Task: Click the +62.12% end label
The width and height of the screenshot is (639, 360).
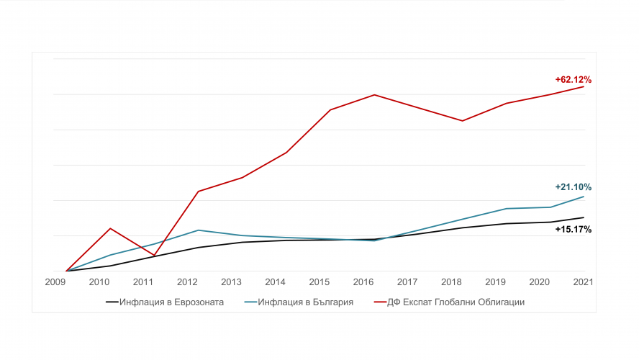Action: point(573,79)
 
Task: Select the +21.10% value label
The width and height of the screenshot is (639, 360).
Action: point(573,187)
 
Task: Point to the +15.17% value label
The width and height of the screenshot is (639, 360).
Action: point(573,230)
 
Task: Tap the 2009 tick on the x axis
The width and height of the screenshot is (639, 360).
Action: point(55,282)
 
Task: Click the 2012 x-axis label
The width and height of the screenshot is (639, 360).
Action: point(187,282)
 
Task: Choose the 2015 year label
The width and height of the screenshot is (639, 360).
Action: point(319,282)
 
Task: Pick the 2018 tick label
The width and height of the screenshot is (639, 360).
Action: point(451,282)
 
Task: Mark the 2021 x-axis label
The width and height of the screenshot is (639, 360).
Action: point(583,282)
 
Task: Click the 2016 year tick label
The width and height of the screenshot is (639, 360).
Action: point(363,282)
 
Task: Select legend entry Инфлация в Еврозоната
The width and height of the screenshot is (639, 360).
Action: point(165,302)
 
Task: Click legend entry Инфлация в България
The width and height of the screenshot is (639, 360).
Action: point(299,302)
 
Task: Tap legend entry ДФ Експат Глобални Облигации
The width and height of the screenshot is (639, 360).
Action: point(449,302)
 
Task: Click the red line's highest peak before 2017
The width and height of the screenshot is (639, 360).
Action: point(374,95)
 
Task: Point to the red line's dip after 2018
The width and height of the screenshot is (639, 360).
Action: point(462,121)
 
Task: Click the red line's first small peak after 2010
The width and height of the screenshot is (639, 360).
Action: point(110,228)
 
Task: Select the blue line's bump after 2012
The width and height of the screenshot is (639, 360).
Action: point(198,230)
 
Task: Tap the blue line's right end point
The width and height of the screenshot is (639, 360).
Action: point(584,197)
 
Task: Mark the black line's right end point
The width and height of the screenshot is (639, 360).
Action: point(584,217)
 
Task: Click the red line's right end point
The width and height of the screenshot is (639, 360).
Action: point(584,86)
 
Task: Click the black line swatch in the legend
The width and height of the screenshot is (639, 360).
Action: point(112,302)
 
